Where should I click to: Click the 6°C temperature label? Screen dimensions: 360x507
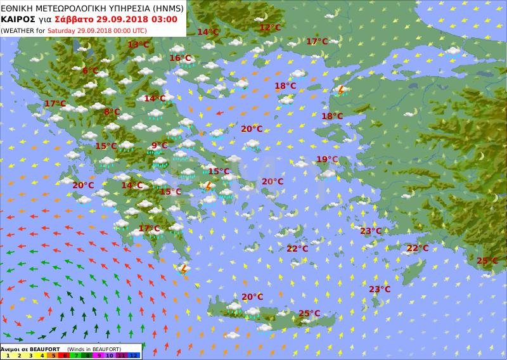coord(90,70)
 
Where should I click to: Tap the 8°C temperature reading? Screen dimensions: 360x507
coord(112,112)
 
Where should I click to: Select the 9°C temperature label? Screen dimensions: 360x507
coord(159,146)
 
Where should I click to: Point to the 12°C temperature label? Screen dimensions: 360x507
coord(269,28)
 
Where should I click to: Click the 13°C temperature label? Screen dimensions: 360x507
coord(138,44)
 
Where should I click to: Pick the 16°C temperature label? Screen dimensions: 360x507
coord(180,58)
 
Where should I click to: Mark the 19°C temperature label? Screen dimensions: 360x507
coord(327,159)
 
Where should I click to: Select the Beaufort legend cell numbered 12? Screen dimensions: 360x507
coord(134,356)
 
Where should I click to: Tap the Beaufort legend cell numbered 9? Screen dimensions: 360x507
coord(98,356)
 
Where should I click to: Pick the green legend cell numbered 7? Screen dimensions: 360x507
coord(75,356)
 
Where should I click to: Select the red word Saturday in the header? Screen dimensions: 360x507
coord(65,30)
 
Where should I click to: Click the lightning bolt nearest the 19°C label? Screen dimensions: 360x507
coord(340,91)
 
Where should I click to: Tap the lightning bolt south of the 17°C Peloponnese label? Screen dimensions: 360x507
coord(184,269)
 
